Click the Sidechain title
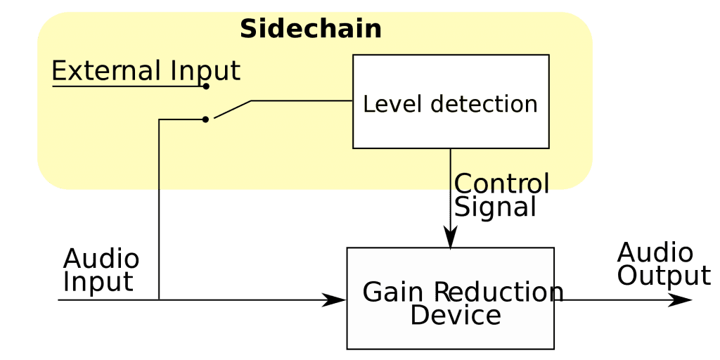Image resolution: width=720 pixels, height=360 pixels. (x=311, y=30)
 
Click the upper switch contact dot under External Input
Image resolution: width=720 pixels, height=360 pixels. (x=206, y=86)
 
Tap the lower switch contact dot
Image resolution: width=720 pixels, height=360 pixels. (x=205, y=120)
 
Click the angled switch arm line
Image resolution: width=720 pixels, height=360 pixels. (x=232, y=110)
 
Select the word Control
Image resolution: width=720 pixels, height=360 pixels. (x=501, y=184)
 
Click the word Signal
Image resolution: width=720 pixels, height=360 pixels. (x=495, y=207)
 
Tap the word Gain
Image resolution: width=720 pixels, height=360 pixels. (x=394, y=292)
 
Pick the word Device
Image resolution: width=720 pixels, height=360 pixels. (x=456, y=316)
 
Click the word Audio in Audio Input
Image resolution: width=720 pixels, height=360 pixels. (x=101, y=259)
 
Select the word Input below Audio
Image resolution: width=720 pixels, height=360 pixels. (x=98, y=282)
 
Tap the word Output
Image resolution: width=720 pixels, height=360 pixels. (x=664, y=276)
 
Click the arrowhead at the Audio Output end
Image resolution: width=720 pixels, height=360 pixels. (x=680, y=300)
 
